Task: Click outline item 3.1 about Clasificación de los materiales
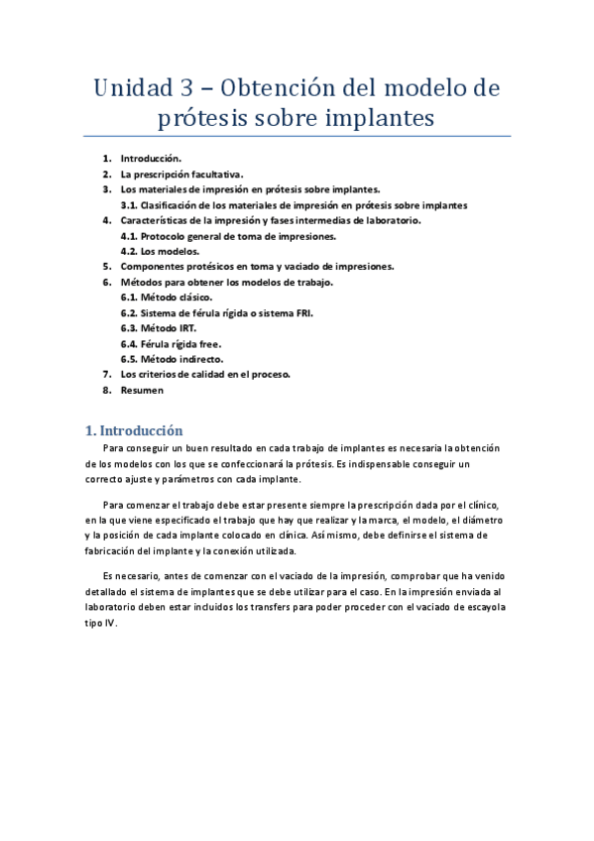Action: coord(294,205)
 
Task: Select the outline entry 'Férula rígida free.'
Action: coord(171,343)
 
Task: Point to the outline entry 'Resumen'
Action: coord(142,390)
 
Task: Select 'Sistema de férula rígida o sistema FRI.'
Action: coord(223,312)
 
